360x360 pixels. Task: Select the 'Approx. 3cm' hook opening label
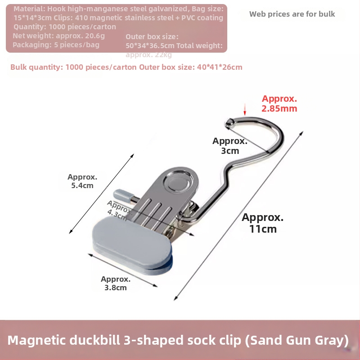point(230,145)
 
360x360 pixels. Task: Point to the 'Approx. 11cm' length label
point(263,223)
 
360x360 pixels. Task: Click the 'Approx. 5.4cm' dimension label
point(82,181)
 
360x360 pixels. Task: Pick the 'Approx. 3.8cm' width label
point(116,283)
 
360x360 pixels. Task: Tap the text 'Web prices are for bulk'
point(292,14)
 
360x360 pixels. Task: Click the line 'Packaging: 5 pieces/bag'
point(56,45)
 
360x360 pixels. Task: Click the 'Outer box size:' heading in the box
point(152,36)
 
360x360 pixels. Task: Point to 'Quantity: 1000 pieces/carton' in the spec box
point(64,27)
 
